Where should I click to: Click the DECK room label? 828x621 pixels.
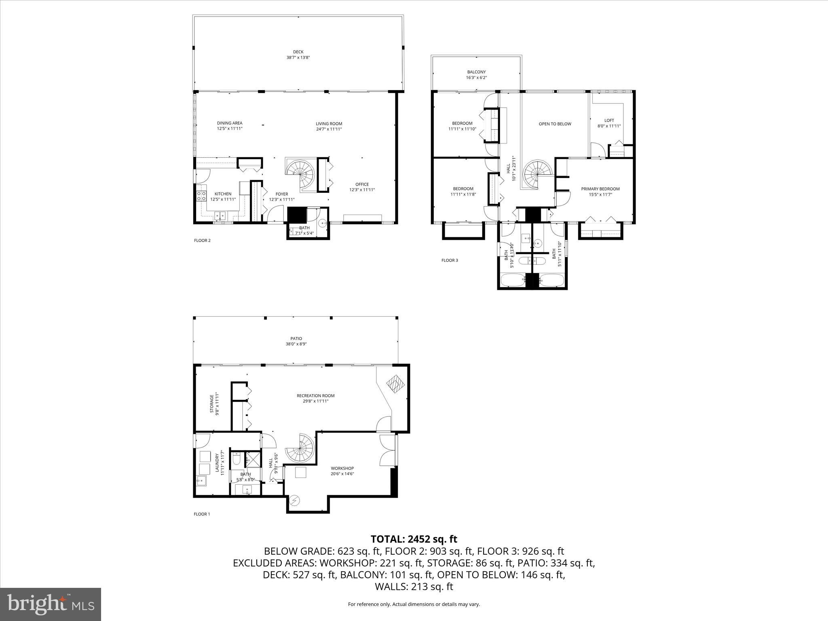298,52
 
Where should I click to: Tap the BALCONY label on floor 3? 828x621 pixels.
476,72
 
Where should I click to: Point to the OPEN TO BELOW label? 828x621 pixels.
555,124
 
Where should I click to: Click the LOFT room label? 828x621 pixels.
609,120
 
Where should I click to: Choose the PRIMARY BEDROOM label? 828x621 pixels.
600,189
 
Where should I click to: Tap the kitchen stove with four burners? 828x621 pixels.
201,196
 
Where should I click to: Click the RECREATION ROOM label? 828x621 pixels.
315,396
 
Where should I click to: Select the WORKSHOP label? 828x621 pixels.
342,468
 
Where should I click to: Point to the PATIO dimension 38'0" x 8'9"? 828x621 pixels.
296,344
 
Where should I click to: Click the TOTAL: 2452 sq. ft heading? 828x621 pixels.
414,539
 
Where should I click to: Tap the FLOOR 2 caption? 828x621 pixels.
202,241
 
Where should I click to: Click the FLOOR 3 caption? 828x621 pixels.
450,260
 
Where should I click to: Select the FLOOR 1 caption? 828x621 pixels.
202,514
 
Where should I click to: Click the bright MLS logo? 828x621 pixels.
51,604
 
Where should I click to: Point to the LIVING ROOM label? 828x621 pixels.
329,124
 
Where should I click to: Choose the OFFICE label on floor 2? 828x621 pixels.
362,184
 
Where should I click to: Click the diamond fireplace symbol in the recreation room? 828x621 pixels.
395,383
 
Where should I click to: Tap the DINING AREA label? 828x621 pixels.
230,123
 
